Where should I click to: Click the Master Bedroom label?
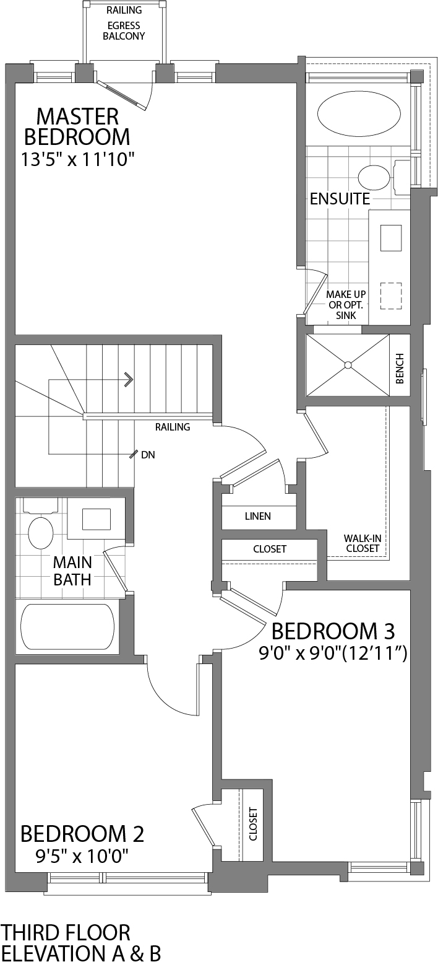click(x=77, y=126)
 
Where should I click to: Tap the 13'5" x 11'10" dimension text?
click(x=77, y=159)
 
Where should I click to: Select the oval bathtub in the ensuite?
click(x=358, y=113)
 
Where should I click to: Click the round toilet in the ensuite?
click(x=374, y=178)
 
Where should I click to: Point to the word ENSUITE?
click(x=340, y=199)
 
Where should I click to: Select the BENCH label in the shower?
click(x=400, y=368)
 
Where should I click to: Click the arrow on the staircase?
click(x=129, y=378)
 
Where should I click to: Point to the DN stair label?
click(x=148, y=455)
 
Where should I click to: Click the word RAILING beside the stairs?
click(x=173, y=427)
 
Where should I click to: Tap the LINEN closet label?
click(x=257, y=516)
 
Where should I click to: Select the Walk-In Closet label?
click(x=363, y=543)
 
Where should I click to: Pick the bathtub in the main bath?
click(x=67, y=626)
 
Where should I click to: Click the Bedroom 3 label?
click(x=333, y=631)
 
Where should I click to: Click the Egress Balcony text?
click(x=124, y=31)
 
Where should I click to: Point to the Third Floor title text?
click(x=66, y=932)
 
